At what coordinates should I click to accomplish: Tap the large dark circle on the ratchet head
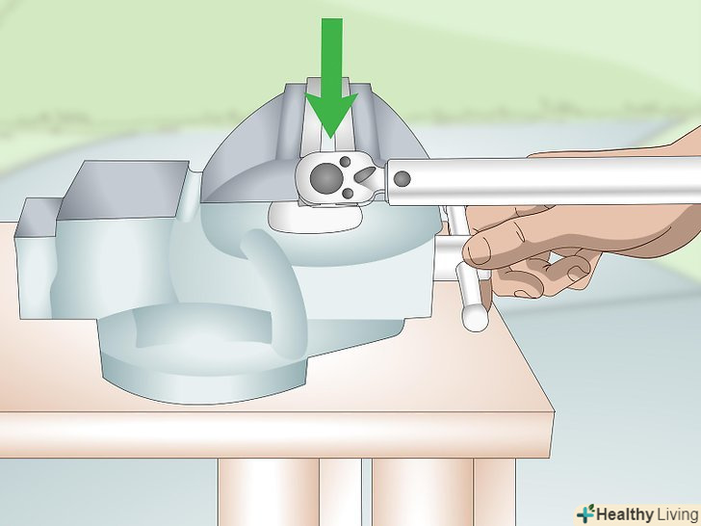pos(326,176)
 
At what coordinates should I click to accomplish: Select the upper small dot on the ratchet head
pos(345,161)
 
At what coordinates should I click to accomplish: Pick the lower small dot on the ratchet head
pos(348,194)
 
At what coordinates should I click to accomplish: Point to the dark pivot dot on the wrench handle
pos(402,179)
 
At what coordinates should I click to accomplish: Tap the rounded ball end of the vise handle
pos(476,317)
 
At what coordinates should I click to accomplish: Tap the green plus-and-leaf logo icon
pos(585,513)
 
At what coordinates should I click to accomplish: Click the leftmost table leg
pos(269,492)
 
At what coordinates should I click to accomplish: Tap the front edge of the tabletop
pos(275,434)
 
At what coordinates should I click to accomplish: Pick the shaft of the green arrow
pos(332,56)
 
